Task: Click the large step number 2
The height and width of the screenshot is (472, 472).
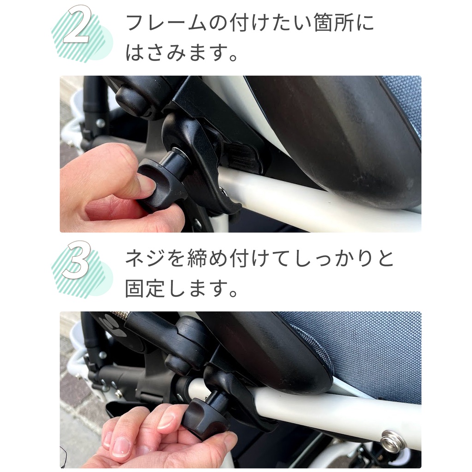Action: (x=77, y=25)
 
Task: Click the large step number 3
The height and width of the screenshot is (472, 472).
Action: (x=77, y=261)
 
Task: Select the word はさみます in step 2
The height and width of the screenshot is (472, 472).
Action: (x=175, y=52)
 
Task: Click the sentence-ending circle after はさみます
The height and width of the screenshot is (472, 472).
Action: (x=233, y=57)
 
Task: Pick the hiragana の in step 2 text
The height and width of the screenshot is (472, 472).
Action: (x=218, y=23)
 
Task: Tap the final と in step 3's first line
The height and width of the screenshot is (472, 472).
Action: (x=384, y=258)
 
